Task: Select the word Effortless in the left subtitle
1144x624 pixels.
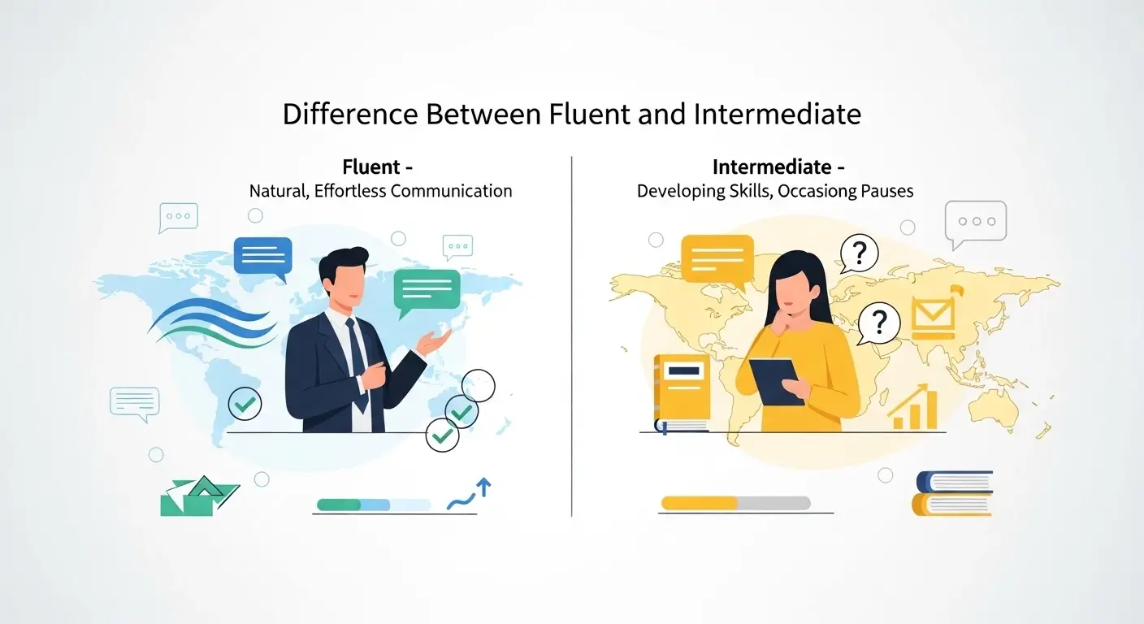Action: coord(342,192)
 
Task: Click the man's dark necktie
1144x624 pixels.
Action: coord(356,362)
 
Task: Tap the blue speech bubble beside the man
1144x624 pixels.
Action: coord(262,258)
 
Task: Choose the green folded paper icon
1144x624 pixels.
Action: coord(197,496)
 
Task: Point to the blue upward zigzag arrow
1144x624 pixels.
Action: coord(470,495)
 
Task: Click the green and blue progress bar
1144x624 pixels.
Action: coord(373,505)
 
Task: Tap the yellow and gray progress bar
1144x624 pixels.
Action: coord(735,503)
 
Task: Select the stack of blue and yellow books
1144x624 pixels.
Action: coord(953,492)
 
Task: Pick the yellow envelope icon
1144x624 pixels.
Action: coord(931,317)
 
